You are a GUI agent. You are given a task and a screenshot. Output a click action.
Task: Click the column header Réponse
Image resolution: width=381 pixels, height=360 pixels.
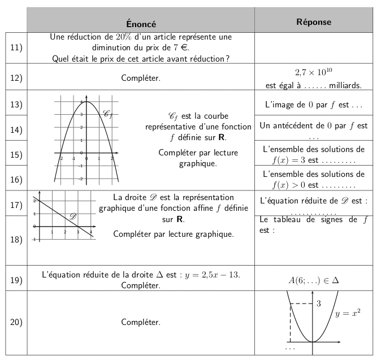pos(314,22)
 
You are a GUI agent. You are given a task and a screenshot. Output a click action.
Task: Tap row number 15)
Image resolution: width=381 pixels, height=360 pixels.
pos(16,154)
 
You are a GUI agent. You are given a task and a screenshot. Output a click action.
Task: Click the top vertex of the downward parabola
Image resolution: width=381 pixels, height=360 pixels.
pos(86,102)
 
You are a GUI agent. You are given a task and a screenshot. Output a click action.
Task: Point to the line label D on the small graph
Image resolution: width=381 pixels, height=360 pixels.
pos(72,216)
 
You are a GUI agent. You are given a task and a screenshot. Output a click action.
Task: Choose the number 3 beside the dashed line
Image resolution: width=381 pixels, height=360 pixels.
pos(318,304)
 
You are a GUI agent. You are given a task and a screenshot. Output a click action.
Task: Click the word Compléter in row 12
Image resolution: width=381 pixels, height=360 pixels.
pos(141,79)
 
